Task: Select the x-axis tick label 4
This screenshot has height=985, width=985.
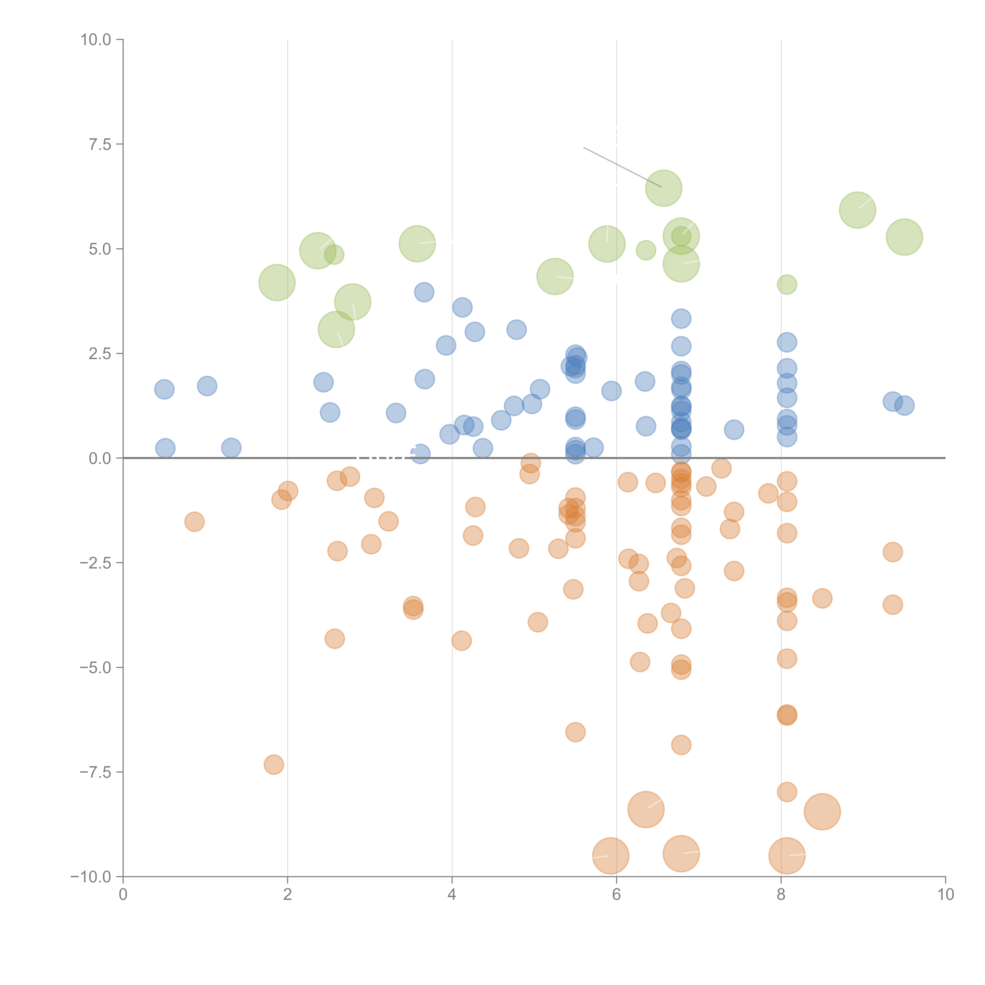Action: coord(452,895)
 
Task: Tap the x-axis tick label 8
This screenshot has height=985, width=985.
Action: coord(781,895)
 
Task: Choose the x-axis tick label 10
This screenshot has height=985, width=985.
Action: coord(945,895)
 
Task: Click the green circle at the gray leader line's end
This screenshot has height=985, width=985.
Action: coord(663,188)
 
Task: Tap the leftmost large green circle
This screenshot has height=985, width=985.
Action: coord(277,282)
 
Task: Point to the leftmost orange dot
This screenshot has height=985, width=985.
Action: coord(194,522)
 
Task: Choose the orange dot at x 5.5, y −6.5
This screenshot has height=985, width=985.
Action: coord(575,732)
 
